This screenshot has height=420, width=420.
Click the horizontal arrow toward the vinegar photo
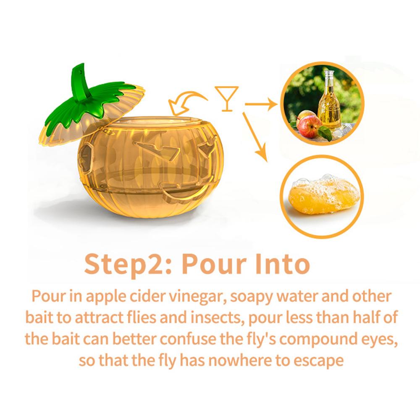click(260, 103)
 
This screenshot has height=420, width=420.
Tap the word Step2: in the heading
click(129, 264)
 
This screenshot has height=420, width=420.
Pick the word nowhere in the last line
click(235, 360)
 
